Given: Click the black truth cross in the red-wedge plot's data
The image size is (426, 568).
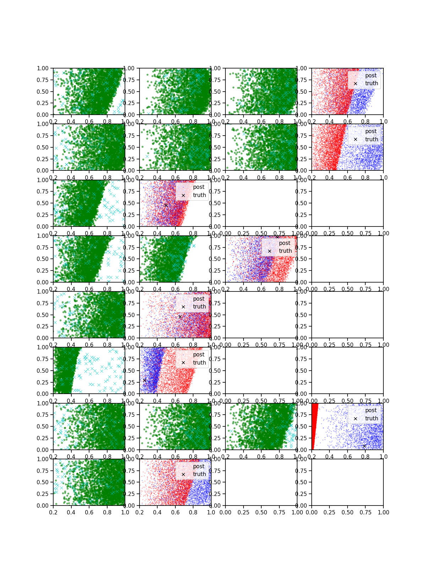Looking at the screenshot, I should pyautogui.click(x=364, y=446).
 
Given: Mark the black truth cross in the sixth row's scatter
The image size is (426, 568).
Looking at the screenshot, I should pyautogui.click(x=144, y=380).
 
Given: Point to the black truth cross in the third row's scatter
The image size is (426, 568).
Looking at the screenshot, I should pyautogui.click(x=166, y=205).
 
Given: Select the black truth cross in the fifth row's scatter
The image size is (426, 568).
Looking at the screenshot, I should pyautogui.click(x=180, y=317).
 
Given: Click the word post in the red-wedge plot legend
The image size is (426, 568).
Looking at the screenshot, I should pyautogui.click(x=371, y=410).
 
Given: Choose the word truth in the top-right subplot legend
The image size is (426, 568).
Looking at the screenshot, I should pyautogui.click(x=371, y=83).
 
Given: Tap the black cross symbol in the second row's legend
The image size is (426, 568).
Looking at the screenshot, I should pyautogui.click(x=355, y=140).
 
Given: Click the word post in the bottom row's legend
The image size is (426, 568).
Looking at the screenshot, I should pyautogui.click(x=199, y=466).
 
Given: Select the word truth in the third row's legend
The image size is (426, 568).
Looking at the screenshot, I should pyautogui.click(x=199, y=195).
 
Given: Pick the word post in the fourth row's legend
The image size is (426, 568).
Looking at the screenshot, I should pyautogui.click(x=285, y=243).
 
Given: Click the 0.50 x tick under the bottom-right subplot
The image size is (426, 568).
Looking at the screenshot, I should pyautogui.click(x=348, y=512).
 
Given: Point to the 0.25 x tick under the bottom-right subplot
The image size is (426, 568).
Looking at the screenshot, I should pyautogui.click(x=329, y=512).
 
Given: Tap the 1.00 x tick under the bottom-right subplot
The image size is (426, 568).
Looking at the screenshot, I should pyautogui.click(x=383, y=512).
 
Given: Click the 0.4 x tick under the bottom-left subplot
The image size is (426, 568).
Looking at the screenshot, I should pyautogui.click(x=71, y=512).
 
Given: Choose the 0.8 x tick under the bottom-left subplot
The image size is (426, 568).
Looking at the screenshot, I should pyautogui.click(x=107, y=512).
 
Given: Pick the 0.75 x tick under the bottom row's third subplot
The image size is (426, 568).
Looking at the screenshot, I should pyautogui.click(x=279, y=512).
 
